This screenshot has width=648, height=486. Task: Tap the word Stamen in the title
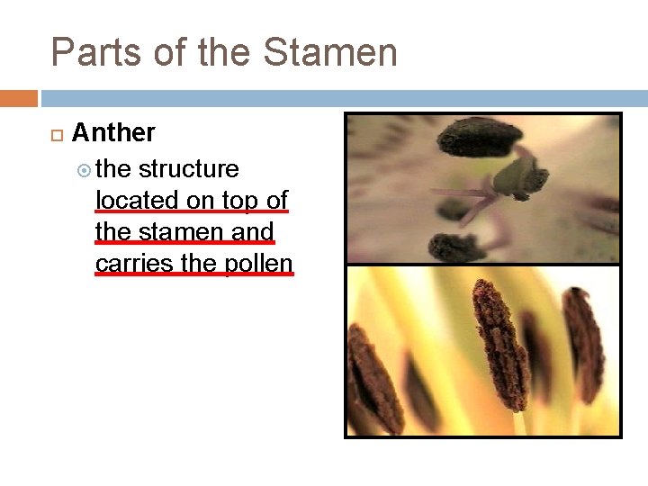(x=330, y=53)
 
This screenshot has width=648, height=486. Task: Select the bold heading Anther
(x=113, y=133)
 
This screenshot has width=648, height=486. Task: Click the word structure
(x=188, y=169)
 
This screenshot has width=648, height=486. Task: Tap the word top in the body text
(x=238, y=200)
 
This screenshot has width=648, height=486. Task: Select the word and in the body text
(x=253, y=231)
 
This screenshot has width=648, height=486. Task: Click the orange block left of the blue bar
(x=18, y=98)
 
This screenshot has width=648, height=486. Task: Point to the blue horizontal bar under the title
(x=342, y=98)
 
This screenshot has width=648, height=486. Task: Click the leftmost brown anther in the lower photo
(x=373, y=378)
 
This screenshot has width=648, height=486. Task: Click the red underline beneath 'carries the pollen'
(x=194, y=274)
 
